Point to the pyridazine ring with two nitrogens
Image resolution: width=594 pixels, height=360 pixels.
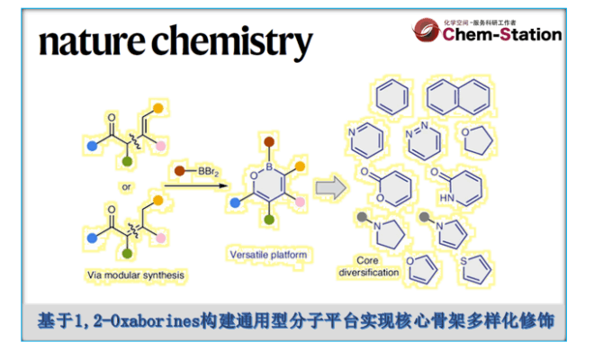(x=421, y=139)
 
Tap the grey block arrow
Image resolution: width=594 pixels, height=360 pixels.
(x=329, y=189)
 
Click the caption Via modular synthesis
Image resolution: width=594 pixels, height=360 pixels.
(x=130, y=270)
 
